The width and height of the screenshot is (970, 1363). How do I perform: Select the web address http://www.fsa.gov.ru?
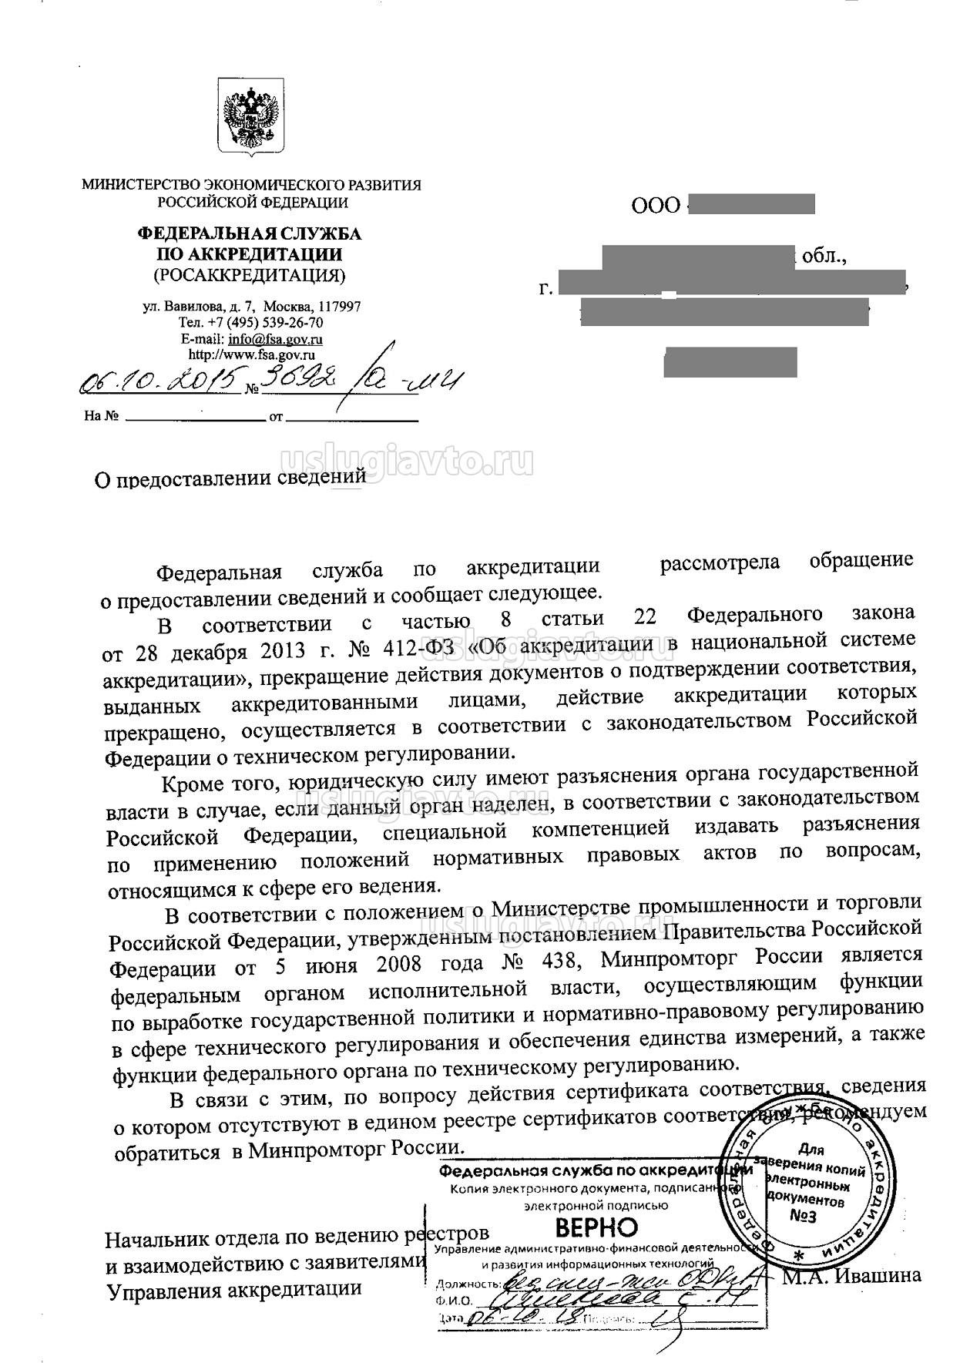[x=252, y=355]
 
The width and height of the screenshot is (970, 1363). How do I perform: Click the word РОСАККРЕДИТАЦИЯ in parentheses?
[x=249, y=275]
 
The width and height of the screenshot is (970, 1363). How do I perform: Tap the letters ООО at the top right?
[x=656, y=206]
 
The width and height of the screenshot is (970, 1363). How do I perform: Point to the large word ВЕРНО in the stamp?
[x=596, y=1227]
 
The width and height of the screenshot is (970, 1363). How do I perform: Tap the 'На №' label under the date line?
[x=100, y=417]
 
